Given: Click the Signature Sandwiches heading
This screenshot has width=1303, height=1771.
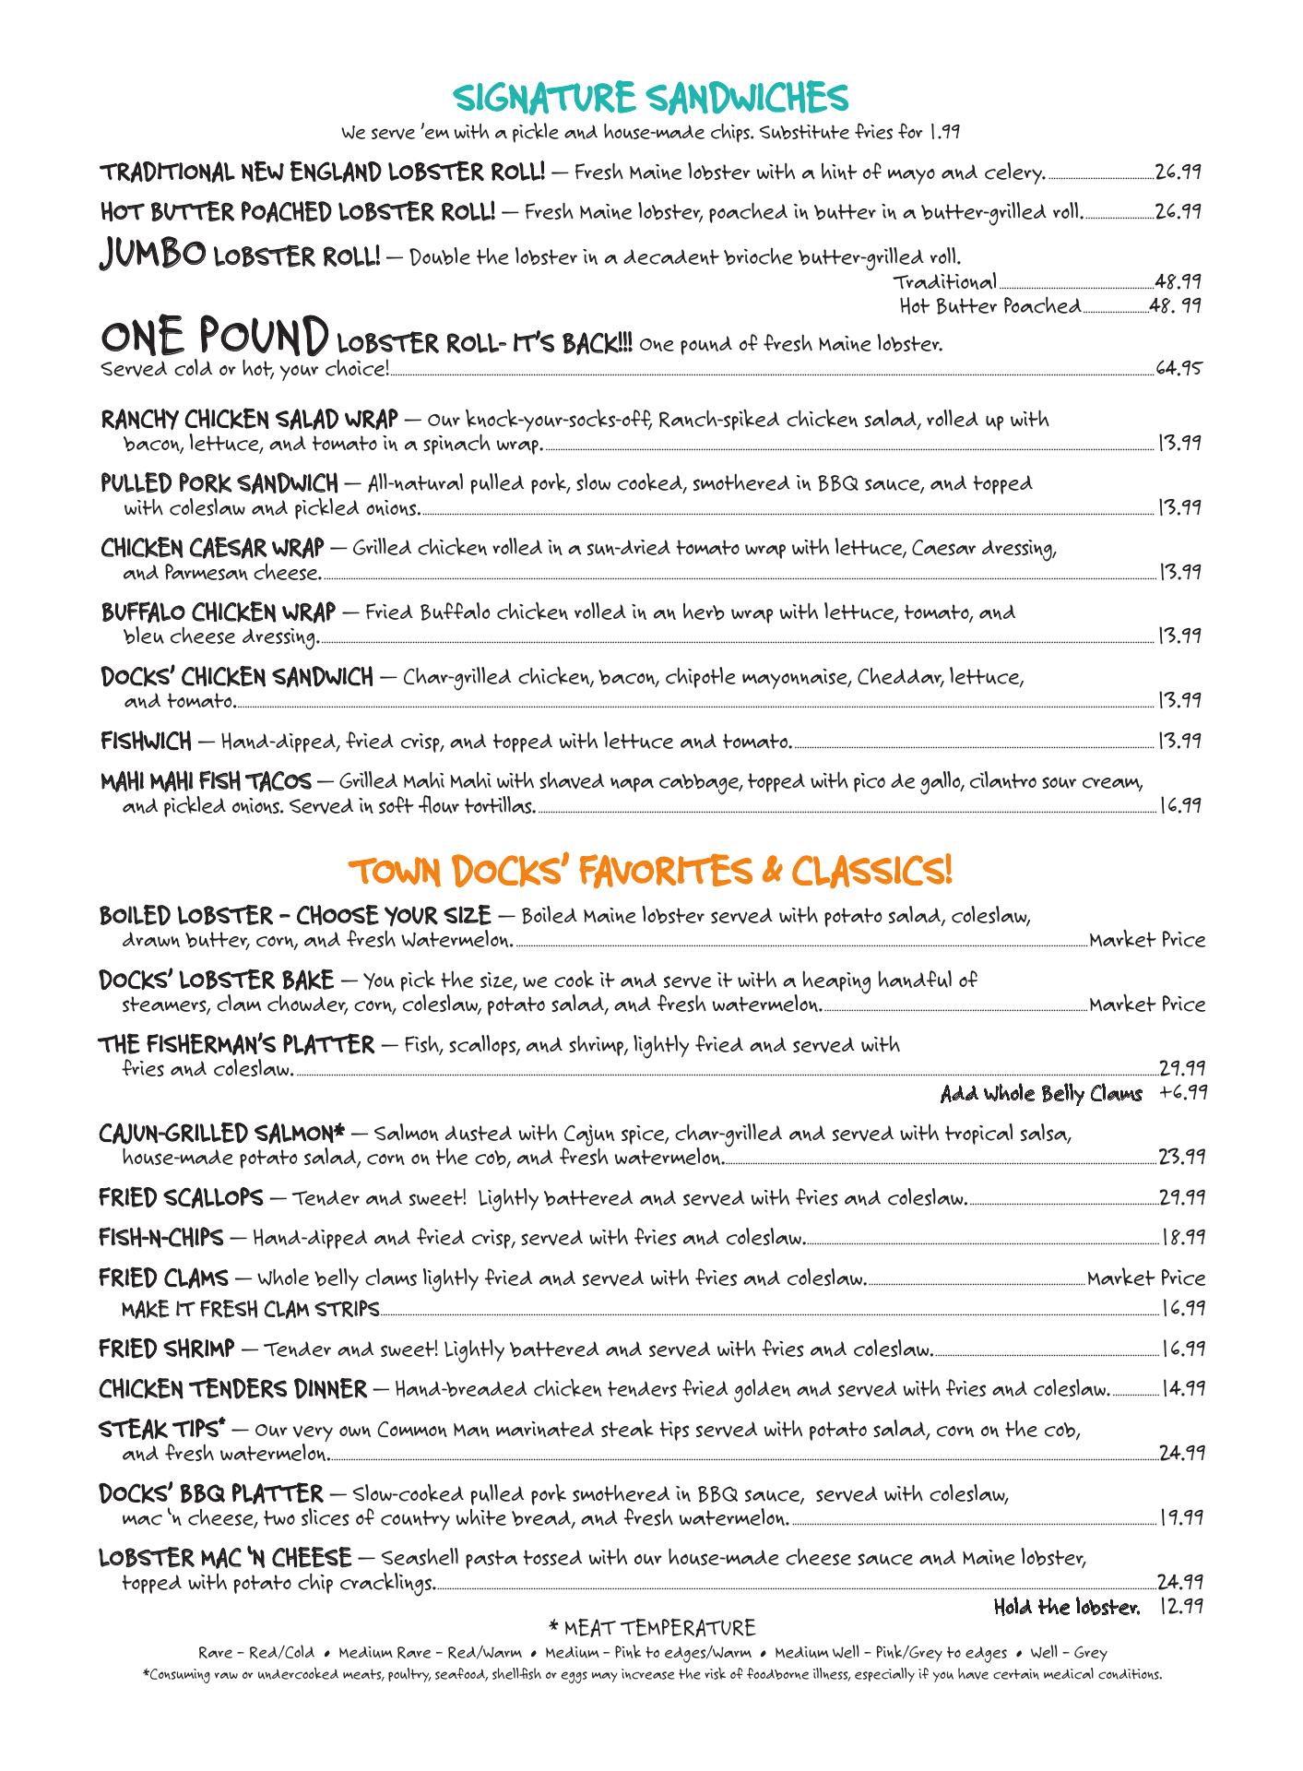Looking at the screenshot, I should [x=651, y=97].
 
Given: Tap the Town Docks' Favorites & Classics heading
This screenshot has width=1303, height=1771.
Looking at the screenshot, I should [x=651, y=870].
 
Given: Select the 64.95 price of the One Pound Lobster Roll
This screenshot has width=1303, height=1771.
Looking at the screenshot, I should [x=1179, y=369].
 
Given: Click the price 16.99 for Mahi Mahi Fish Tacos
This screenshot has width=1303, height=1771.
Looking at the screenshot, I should [x=1179, y=805].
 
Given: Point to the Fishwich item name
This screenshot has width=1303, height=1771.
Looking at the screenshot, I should [x=146, y=741].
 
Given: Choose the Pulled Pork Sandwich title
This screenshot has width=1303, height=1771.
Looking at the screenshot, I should [x=219, y=483].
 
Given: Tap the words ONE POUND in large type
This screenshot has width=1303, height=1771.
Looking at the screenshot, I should [x=214, y=339].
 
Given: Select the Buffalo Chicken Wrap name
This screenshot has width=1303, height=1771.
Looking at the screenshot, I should [x=219, y=612].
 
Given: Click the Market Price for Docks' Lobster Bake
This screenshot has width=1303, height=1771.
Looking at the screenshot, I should [x=1146, y=1004].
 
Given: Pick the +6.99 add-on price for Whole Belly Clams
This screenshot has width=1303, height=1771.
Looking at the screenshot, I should [x=1183, y=1093].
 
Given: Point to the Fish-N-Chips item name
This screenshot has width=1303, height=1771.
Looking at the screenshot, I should [x=160, y=1237].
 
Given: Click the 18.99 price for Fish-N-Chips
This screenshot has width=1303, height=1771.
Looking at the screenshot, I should [x=1182, y=1237].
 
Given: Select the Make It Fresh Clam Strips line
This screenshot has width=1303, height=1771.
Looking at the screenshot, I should [x=250, y=1308].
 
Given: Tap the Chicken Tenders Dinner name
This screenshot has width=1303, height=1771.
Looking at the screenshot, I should [x=232, y=1388].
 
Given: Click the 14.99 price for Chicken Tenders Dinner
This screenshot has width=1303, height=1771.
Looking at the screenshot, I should [x=1182, y=1388].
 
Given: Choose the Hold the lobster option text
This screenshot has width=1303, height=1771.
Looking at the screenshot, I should [x=1066, y=1608].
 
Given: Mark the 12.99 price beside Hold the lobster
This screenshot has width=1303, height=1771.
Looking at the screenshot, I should [x=1181, y=1608].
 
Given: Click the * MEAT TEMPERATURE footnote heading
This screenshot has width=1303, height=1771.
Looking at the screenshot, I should [x=651, y=1628].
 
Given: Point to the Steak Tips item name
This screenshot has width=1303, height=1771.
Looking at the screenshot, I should [x=162, y=1430].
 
